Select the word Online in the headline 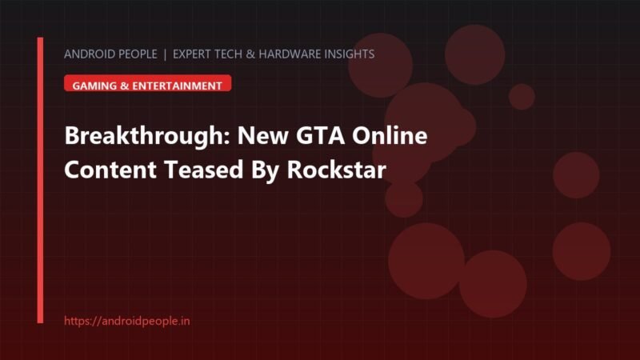coord(390,135)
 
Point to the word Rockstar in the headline coord(336,170)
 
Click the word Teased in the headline coord(204,170)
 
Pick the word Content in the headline coord(110,170)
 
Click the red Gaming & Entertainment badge coord(148,83)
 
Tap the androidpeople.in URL coord(127,321)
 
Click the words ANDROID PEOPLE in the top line coord(110,54)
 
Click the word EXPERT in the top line coord(191,54)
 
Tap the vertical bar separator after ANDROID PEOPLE coord(165,54)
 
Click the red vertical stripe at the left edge coord(40,180)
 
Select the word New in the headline coord(263,135)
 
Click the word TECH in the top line coord(228,54)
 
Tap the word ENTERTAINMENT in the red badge coord(177,86)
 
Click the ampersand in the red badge coord(125,86)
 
